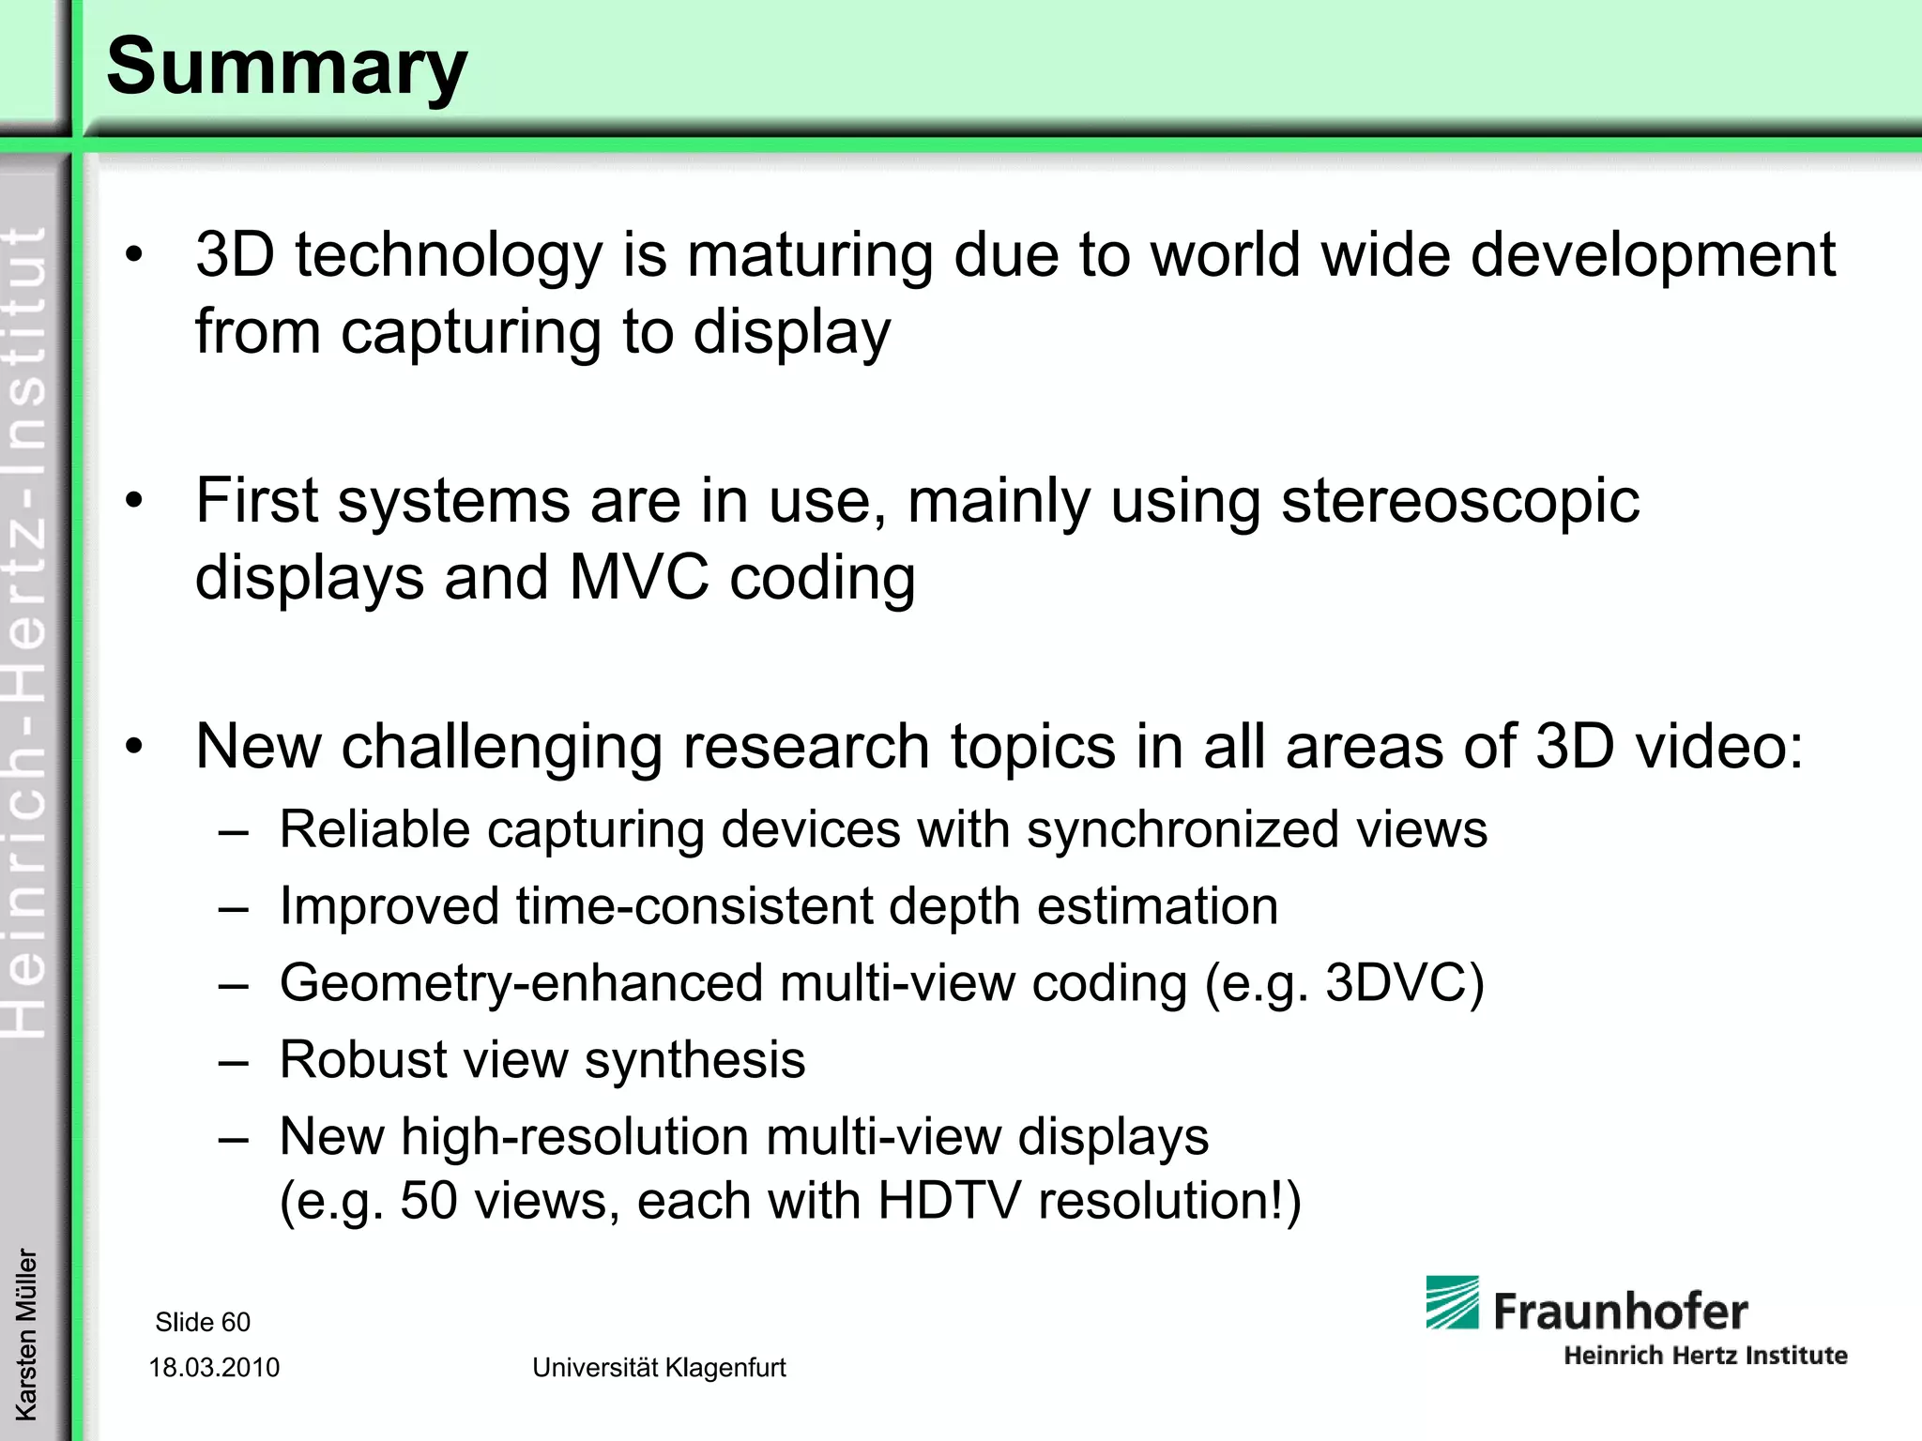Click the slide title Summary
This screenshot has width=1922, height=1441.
click(x=286, y=68)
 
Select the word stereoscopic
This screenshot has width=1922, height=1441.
click(x=1460, y=501)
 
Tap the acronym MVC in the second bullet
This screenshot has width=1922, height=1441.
click(x=639, y=577)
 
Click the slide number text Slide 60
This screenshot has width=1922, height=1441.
click(x=203, y=1322)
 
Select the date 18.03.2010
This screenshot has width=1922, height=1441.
click(x=214, y=1368)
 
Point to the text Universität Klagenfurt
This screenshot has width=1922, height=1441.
click(x=659, y=1368)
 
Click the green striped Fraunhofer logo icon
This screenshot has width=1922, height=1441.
click(x=1452, y=1302)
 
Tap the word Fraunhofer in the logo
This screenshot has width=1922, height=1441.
click(x=1620, y=1312)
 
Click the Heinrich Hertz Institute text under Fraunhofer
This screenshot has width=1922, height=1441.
click(x=1705, y=1356)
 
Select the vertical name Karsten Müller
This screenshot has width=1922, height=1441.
click(x=26, y=1334)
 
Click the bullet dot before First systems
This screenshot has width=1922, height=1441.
click(x=135, y=501)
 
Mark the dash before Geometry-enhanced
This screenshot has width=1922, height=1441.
click(x=234, y=985)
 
